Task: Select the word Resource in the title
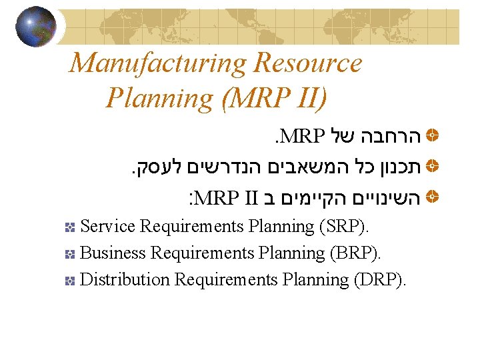[307, 63]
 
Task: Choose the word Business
[113, 253]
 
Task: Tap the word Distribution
[125, 280]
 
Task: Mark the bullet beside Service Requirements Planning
[69, 227]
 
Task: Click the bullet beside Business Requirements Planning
[69, 254]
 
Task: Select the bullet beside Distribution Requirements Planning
[69, 281]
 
